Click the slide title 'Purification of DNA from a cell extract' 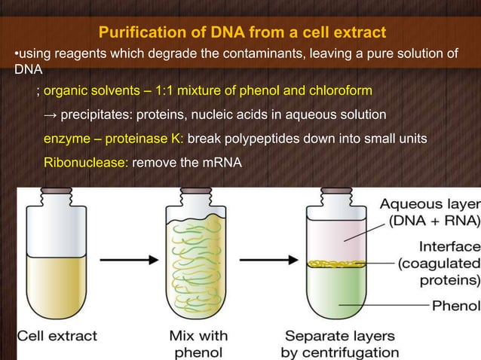click(242, 33)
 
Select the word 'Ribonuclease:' click(86, 163)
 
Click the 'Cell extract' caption click(58, 336)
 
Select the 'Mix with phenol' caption click(201, 343)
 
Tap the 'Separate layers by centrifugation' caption click(339, 343)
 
